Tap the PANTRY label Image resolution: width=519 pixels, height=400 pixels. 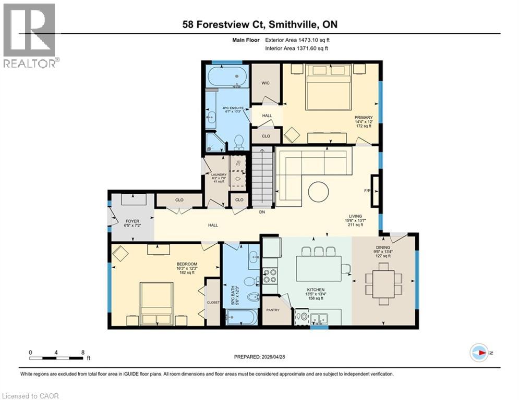click(x=273, y=310)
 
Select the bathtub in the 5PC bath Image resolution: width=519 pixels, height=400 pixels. click(x=241, y=317)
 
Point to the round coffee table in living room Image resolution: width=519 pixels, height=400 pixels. click(x=318, y=192)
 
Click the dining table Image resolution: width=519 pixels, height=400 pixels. click(x=384, y=284)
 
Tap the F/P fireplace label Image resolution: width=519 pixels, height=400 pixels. click(x=367, y=191)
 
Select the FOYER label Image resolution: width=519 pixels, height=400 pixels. click(x=132, y=221)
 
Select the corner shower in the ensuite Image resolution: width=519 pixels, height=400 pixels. click(x=214, y=141)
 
